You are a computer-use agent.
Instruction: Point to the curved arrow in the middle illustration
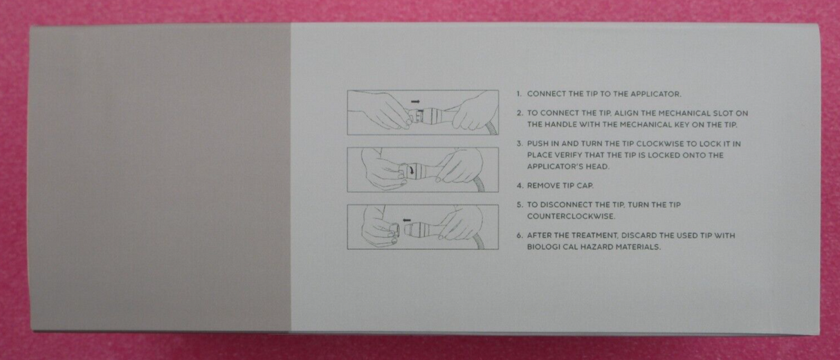[413, 170]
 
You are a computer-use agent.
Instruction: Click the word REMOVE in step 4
[543, 186]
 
